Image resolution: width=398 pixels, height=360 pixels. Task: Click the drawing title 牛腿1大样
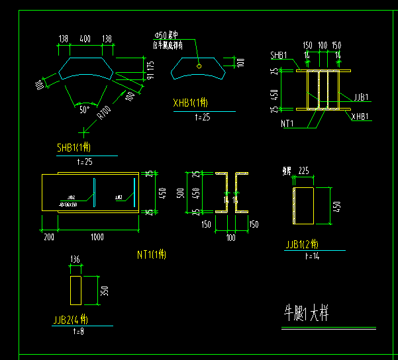[305, 312]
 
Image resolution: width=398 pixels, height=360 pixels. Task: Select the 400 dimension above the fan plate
[85, 40]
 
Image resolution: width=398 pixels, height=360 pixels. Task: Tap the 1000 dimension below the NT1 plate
[97, 236]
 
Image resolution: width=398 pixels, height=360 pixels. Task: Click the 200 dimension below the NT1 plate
[48, 236]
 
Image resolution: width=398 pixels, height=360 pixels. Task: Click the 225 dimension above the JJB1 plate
[304, 171]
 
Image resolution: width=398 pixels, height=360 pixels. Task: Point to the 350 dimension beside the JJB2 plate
[104, 291]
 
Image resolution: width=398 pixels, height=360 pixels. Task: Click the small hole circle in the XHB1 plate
[199, 66]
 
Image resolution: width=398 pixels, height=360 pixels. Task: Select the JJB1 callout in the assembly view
[362, 97]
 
